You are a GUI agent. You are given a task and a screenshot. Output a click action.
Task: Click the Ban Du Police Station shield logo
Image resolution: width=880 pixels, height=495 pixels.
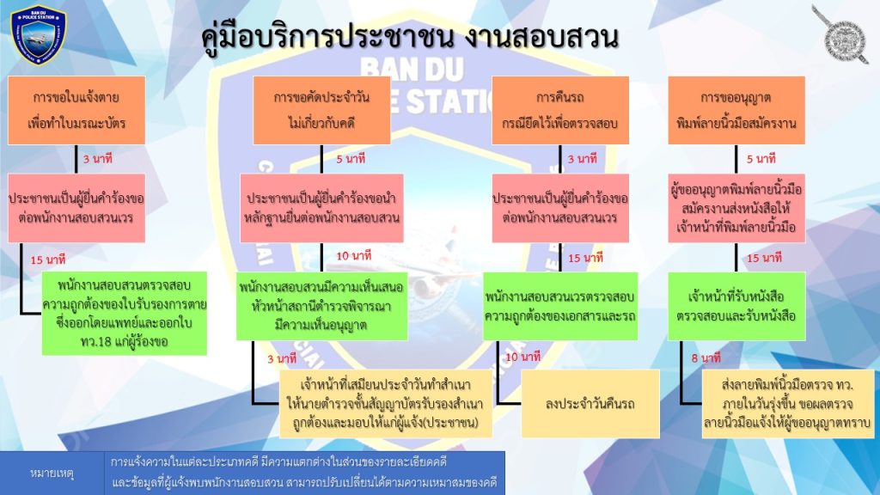pos(38,34)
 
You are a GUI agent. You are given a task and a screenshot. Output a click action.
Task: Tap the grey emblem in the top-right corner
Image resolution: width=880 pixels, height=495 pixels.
pos(840,35)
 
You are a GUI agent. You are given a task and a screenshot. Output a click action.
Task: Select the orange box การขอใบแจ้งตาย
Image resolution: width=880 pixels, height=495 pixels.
pos(76,111)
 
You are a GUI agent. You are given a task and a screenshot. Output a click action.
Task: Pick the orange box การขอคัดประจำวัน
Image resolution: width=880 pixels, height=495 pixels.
pos(321,111)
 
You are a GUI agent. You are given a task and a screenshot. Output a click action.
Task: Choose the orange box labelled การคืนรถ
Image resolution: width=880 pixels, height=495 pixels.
pos(560,111)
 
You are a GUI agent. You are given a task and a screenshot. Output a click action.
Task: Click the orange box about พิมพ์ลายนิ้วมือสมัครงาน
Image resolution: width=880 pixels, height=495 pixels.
pos(736,111)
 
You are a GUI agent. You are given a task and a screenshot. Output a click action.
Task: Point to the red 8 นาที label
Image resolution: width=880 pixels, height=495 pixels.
pos(706,357)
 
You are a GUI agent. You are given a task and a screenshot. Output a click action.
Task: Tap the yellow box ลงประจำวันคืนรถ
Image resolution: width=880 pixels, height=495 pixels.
pos(590,404)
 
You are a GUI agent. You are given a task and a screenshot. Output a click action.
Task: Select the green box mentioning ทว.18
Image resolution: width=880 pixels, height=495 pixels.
pos(125,313)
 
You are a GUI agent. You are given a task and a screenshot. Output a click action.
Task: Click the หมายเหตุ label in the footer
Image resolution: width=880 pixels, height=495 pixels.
pos(52,474)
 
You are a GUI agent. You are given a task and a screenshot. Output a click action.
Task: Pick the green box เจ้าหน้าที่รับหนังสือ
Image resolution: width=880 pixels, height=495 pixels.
pos(736,307)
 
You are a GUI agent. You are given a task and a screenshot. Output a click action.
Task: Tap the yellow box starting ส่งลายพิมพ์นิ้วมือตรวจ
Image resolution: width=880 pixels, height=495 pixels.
pos(788,404)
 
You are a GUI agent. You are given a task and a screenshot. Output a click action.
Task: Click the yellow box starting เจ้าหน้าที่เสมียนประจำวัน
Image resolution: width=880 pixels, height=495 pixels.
pos(386,404)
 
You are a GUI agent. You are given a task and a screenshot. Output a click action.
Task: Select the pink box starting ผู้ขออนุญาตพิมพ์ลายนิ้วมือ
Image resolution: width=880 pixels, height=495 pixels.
pos(736,208)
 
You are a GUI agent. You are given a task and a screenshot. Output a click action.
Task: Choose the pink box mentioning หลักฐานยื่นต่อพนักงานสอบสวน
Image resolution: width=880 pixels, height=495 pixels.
pos(321,208)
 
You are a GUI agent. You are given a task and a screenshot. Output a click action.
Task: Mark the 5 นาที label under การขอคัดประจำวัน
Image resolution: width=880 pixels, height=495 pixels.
pos(351,159)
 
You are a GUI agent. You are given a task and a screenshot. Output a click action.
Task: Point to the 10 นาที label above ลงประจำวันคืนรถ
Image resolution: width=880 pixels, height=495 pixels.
pos(523,357)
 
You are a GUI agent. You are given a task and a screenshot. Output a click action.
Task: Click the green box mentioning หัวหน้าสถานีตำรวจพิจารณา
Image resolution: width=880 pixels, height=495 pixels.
pos(321,307)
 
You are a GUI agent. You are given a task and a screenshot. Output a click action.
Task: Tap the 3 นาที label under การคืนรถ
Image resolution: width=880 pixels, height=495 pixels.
pos(582,159)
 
